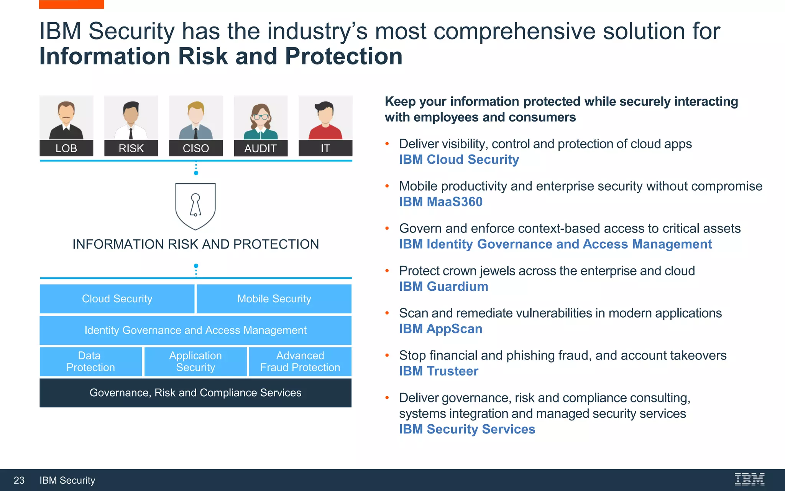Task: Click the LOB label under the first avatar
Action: tap(66, 148)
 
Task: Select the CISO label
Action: tap(196, 148)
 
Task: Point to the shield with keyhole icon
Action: tap(195, 206)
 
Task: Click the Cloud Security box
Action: tap(117, 299)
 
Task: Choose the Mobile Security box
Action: tap(274, 299)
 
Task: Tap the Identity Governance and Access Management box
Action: tap(195, 330)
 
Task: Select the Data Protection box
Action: tap(90, 362)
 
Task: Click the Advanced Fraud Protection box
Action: tap(300, 362)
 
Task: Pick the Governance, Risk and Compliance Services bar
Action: tap(195, 393)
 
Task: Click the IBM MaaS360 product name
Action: tap(441, 202)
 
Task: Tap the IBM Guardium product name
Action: tap(443, 287)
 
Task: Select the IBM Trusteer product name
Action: tap(438, 371)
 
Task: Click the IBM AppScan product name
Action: tap(440, 329)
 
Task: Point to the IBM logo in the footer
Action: tap(749, 479)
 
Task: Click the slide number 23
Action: tap(19, 480)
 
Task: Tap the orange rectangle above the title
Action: tap(72, 4)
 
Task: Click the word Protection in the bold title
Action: tap(343, 56)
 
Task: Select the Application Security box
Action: tap(195, 362)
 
